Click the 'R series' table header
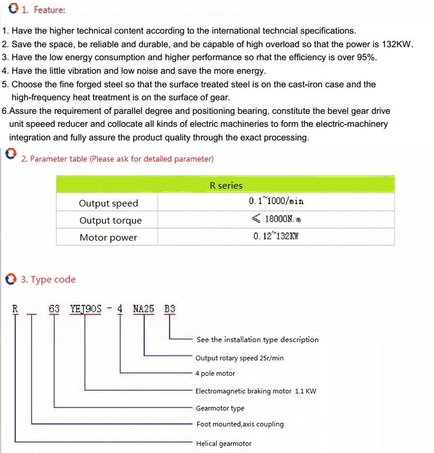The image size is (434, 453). click(226, 185)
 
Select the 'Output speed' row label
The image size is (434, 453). click(108, 203)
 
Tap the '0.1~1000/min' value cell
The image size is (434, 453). click(276, 201)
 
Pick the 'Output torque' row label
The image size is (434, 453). click(111, 221)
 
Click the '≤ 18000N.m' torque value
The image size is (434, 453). click(276, 219)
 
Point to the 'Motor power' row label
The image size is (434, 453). click(108, 238)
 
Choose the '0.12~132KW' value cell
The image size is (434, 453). click(276, 237)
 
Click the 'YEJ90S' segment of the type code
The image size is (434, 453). click(85, 308)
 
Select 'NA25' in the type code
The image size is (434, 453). click(144, 308)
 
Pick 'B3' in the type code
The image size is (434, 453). click(170, 308)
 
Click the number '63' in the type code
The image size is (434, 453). click(54, 308)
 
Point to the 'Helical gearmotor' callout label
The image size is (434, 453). click(223, 444)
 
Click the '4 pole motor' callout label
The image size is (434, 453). click(215, 373)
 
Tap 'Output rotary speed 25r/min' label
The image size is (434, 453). click(239, 358)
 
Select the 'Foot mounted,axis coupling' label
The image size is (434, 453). click(240, 424)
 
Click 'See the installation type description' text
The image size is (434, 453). click(257, 340)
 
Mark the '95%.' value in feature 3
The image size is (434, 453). click(365, 57)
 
